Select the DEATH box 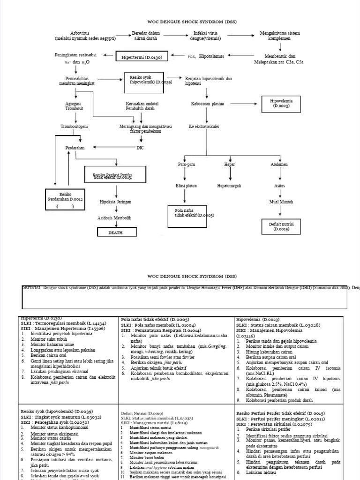tap(117, 232)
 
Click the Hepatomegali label tap(229, 186)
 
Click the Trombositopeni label tap(74, 127)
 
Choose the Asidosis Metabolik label tap(114, 218)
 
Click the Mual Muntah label tap(281, 202)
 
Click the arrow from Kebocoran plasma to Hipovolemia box tap(242, 104)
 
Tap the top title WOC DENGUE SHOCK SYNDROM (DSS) tap(180, 22)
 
